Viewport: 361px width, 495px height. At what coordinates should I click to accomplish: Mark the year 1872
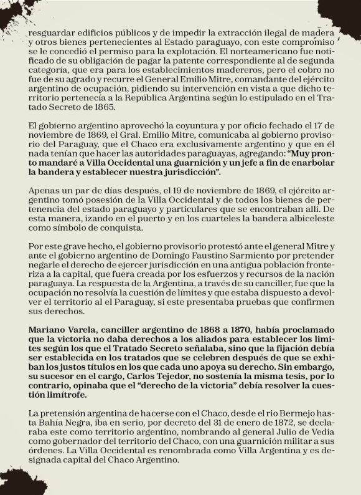(266, 426)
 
